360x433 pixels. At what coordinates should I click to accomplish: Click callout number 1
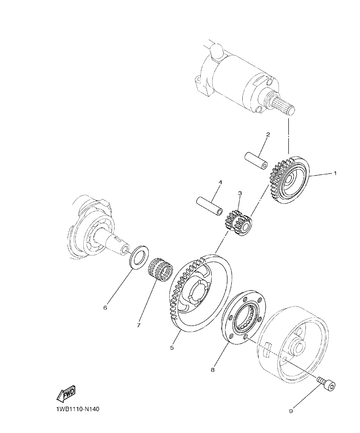[335, 173]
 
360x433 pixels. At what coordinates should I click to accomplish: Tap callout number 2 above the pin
[268, 135]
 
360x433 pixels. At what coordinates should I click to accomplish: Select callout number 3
[240, 193]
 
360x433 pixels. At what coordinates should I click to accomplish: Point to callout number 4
[220, 182]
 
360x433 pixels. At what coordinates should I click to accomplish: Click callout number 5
[172, 347]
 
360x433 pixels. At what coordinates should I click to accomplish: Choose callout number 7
[138, 325]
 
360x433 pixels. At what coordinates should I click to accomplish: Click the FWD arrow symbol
[66, 394]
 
